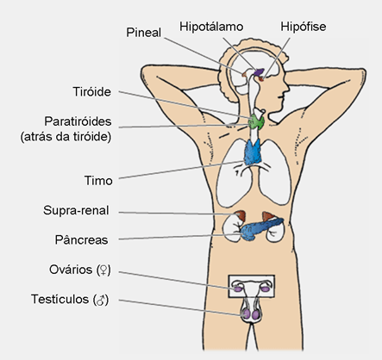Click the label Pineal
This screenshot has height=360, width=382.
(x=144, y=33)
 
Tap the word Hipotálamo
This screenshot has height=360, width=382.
(x=211, y=27)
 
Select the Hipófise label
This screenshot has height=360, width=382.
(x=304, y=27)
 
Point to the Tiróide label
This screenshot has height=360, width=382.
(x=92, y=92)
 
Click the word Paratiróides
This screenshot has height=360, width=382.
(x=78, y=121)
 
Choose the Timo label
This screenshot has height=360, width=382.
(x=98, y=181)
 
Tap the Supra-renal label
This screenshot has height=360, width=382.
(x=76, y=210)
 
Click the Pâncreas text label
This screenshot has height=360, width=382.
(x=82, y=240)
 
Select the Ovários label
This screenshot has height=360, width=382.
(x=71, y=270)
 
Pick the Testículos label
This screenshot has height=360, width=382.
(x=59, y=299)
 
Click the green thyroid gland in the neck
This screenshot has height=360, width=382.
(x=256, y=122)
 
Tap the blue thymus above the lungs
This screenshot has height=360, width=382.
(x=253, y=152)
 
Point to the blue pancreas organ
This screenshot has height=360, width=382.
(x=260, y=229)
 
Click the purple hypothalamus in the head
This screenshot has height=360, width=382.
(x=259, y=71)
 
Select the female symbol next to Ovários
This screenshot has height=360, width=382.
(x=103, y=270)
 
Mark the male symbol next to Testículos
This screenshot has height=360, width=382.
(x=101, y=300)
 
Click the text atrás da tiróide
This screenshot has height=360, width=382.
(x=66, y=137)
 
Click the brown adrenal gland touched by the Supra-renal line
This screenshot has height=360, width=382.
(x=240, y=216)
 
